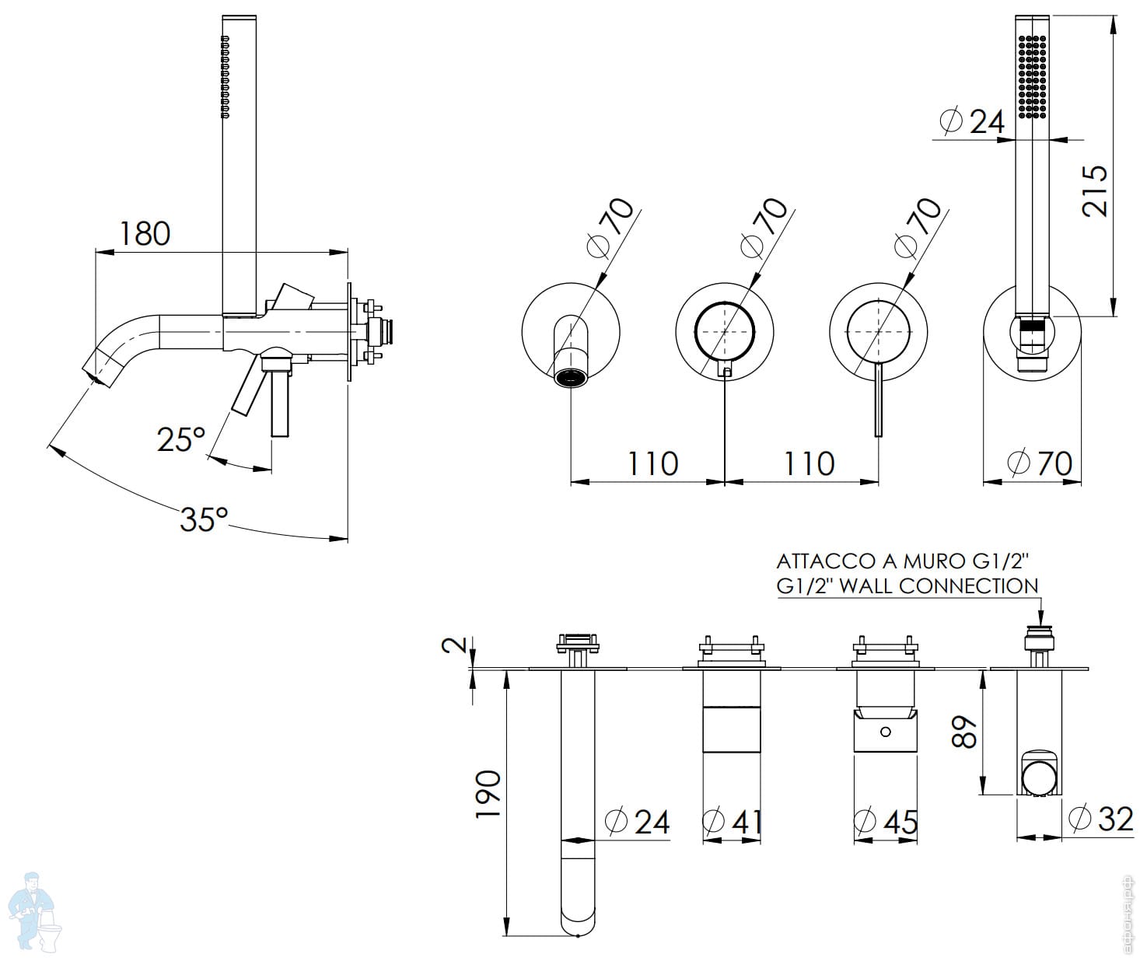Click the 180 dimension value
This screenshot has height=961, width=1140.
pos(145,232)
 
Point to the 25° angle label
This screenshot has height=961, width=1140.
pos(180,439)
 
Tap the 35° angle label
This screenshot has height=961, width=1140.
pos(204,519)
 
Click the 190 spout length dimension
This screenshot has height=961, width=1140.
pos(488,794)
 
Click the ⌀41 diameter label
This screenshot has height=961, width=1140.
pos(732,821)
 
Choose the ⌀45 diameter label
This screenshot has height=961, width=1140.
pos(886,821)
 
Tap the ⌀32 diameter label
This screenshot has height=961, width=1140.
pos(1101,818)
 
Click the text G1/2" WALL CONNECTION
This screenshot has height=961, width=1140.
pos(907,585)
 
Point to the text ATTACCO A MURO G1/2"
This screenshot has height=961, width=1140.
pos(903,561)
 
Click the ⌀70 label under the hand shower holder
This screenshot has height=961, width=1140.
pos(1040,463)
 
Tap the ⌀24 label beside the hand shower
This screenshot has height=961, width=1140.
pos(972,121)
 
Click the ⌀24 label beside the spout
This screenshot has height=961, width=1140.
pos(637,821)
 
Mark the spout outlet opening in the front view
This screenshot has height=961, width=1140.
pos(572,379)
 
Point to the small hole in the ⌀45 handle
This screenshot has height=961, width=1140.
pos(885,732)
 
